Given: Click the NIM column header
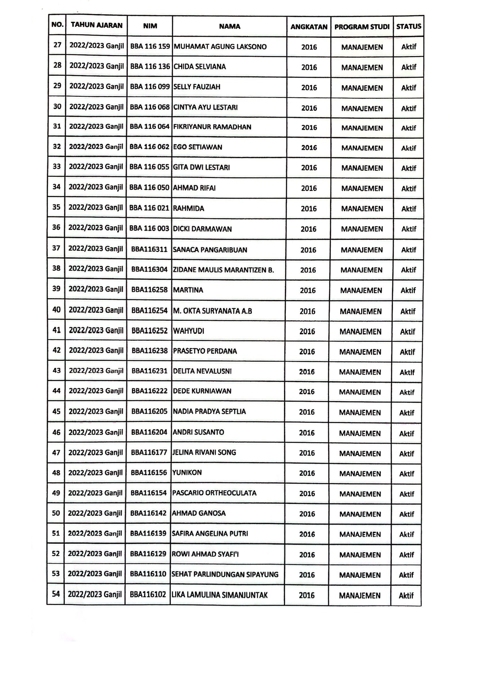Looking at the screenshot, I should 150,26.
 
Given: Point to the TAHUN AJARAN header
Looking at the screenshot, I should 97,25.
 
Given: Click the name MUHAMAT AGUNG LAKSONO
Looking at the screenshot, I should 220,47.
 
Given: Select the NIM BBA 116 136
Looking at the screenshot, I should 150,66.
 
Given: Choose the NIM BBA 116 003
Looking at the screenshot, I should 149,228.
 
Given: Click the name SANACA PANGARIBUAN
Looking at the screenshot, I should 210,250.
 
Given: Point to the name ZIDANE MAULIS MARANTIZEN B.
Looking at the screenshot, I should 223,270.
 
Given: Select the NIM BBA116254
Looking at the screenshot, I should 149,311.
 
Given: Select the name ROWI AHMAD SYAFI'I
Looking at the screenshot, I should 205,554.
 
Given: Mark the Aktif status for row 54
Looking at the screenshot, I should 406,595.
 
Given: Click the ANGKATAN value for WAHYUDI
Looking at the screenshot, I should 307,331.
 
